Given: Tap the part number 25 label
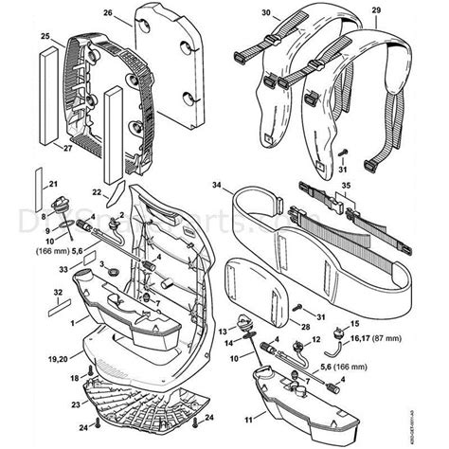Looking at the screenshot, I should click(45, 36).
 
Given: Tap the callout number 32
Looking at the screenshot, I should click(31, 294).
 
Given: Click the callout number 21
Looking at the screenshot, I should click(53, 183).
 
